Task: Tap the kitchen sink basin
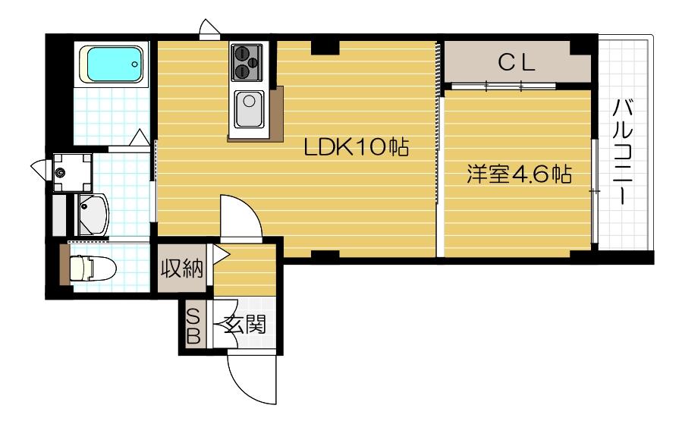click(247, 108)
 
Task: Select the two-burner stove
click(247, 61)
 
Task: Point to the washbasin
click(94, 213)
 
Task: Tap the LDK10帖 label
click(357, 147)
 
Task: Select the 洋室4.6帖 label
click(518, 175)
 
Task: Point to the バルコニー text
click(624, 152)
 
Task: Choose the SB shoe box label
click(193, 327)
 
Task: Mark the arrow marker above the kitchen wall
click(208, 30)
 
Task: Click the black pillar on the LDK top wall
click(325, 46)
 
